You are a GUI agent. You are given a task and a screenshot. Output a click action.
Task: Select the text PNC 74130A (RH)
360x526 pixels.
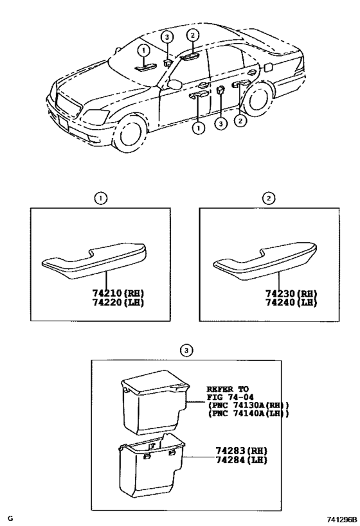click(248, 406)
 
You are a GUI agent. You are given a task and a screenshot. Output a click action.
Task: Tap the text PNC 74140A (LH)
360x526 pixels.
click(248, 414)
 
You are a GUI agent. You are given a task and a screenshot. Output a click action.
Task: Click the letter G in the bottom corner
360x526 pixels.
click(10, 517)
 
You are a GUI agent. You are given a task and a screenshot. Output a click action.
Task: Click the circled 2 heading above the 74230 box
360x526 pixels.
click(271, 198)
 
